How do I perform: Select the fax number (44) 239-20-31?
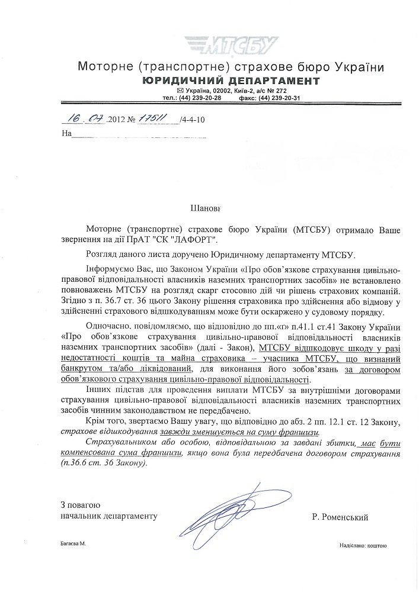278,98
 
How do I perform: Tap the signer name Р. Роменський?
339,517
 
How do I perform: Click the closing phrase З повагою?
80,505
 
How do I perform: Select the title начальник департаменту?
108,517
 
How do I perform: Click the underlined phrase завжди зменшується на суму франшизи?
238,432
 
